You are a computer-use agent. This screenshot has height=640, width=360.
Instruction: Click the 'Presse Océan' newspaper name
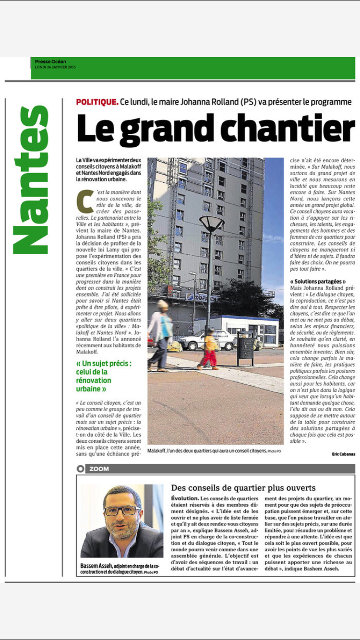50,61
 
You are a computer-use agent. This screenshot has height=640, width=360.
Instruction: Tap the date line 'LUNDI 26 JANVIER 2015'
55,67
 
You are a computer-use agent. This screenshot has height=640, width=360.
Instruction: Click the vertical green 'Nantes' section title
30,180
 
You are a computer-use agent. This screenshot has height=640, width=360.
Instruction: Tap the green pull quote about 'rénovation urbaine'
104,376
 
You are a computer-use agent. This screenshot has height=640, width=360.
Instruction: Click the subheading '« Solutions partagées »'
318,281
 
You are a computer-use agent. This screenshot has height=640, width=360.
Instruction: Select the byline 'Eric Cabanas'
344,454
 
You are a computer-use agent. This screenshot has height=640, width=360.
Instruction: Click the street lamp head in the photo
211,223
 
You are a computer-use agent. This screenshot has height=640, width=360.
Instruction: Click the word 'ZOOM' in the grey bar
99,469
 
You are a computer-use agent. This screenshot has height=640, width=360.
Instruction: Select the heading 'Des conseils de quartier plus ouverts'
243,488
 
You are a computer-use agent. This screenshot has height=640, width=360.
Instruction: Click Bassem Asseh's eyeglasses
122,510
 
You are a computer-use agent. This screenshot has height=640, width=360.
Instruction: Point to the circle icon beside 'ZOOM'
81,469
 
